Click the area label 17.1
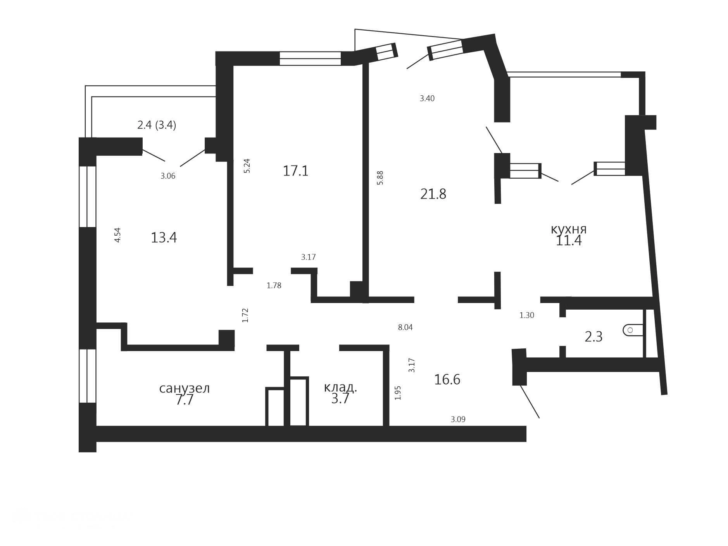(295, 171)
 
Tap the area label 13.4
(164, 238)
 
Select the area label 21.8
(433, 194)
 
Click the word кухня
(569, 229)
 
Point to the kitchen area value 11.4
(569, 241)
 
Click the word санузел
(185, 388)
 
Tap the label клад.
(340, 387)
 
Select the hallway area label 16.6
(447, 379)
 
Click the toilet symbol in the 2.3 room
(633, 330)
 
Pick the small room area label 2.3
(593, 337)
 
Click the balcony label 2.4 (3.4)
(157, 125)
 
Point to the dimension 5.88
(380, 177)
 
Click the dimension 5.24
(247, 166)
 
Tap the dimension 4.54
(117, 235)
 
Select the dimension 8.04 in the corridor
(405, 327)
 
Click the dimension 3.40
(427, 98)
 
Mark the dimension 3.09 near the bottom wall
(458, 419)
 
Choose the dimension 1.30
(527, 315)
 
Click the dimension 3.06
(168, 176)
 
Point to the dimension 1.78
(274, 286)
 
